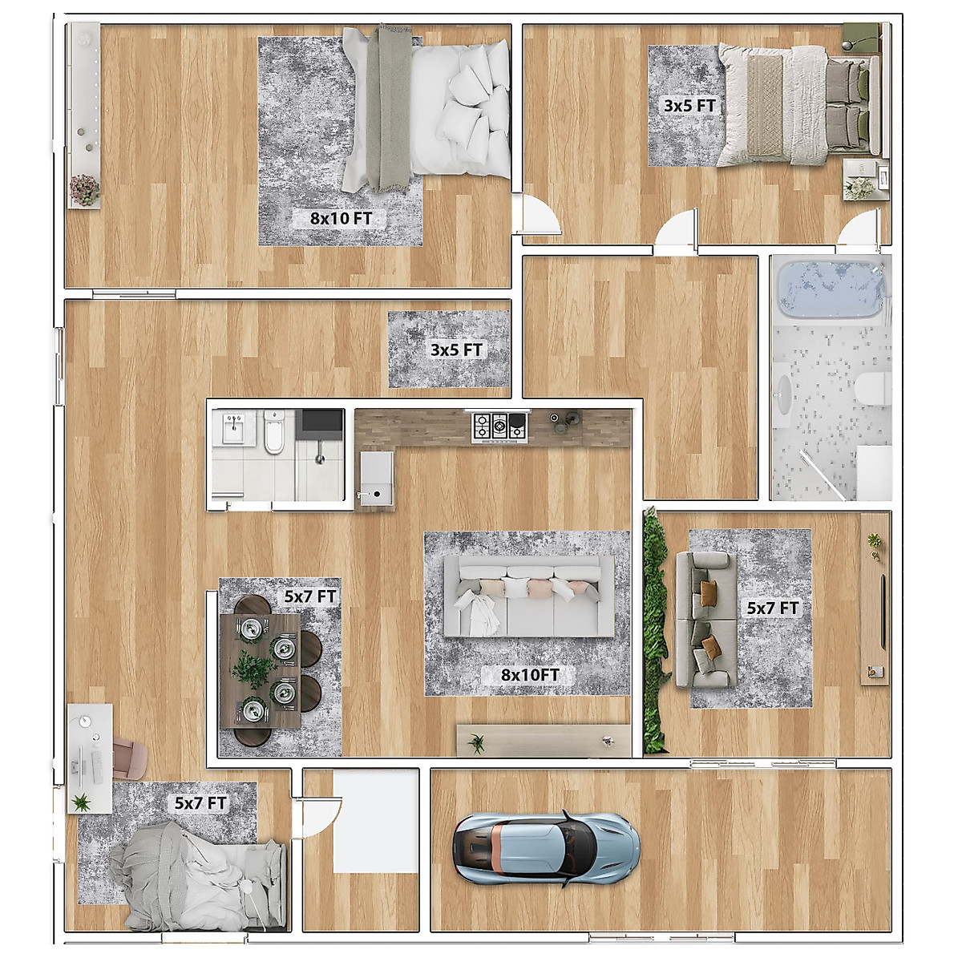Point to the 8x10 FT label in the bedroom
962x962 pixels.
(342, 218)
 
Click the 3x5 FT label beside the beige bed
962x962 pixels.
(689, 106)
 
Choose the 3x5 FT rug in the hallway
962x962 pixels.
(448, 350)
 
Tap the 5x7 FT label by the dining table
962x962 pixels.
(310, 596)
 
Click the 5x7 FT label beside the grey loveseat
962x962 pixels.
(773, 608)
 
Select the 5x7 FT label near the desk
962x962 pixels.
(200, 803)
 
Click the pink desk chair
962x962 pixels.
(129, 759)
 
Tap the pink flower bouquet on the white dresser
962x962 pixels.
(84, 190)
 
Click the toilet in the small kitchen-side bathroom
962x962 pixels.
(273, 431)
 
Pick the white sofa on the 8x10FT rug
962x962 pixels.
(528, 596)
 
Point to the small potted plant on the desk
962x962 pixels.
(80, 802)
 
